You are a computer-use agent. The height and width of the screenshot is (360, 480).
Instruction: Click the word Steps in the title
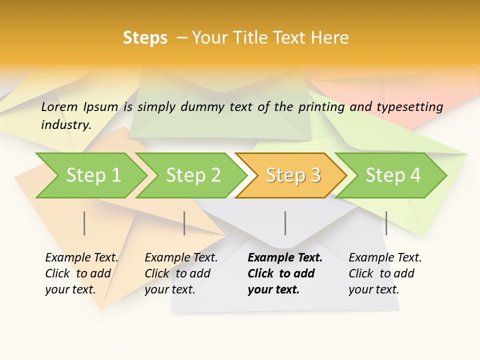(x=145, y=38)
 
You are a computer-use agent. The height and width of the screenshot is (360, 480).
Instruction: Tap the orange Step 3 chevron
(x=293, y=175)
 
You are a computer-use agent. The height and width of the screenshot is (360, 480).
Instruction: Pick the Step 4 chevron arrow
(x=393, y=175)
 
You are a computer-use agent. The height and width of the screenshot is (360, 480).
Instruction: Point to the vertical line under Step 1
(x=84, y=223)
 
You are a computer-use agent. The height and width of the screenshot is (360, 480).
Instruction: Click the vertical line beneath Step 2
(x=184, y=223)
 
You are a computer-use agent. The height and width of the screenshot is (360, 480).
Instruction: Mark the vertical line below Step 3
(x=285, y=223)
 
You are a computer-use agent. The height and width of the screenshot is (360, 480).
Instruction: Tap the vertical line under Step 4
(x=386, y=223)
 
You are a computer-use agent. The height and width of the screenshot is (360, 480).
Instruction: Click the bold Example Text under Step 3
(x=285, y=273)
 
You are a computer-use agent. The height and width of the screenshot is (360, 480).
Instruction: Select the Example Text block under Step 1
(x=81, y=273)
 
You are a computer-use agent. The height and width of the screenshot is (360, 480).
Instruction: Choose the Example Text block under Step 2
(x=181, y=273)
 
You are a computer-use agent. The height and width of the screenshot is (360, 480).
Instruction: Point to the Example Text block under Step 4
(x=385, y=273)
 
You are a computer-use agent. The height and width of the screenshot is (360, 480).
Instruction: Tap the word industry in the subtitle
(x=66, y=124)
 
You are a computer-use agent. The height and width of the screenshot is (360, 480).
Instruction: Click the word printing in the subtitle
(x=321, y=107)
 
